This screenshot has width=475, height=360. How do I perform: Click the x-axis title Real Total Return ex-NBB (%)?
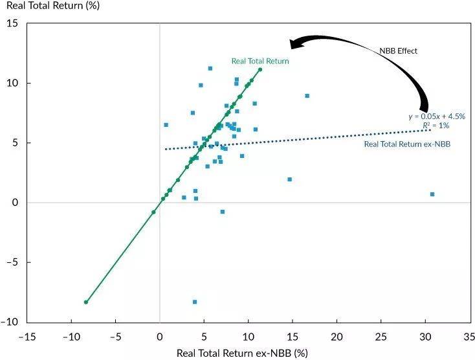(242, 353)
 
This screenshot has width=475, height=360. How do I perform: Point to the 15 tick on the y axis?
(12, 24)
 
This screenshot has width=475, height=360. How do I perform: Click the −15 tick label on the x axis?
(27, 337)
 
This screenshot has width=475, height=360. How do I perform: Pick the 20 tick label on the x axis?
(337, 337)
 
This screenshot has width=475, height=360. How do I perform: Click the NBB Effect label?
(398, 50)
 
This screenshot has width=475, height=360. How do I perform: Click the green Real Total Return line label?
(260, 61)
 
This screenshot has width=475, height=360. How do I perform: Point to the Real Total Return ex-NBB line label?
(407, 144)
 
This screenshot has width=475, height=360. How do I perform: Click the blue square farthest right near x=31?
(432, 194)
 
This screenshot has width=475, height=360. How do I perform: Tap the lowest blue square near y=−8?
(194, 302)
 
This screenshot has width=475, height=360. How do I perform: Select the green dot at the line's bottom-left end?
(86, 302)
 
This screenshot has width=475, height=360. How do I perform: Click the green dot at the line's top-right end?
(260, 70)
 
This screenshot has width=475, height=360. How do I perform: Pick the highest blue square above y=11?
(210, 68)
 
